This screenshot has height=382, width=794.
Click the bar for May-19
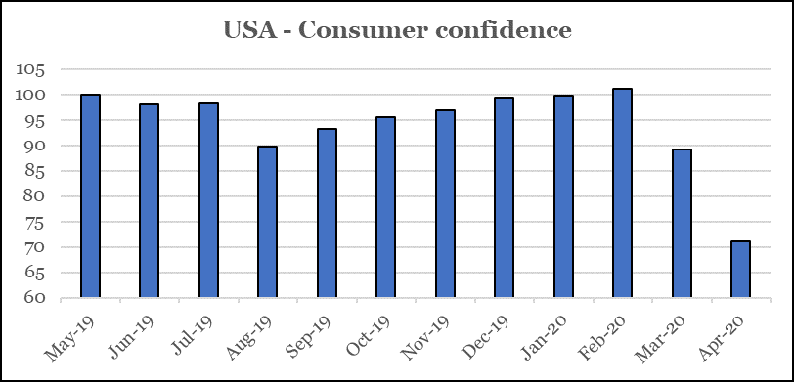pos(91,195)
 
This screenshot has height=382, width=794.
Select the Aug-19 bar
pos(267,222)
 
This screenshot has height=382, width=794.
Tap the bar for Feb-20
pos(622,192)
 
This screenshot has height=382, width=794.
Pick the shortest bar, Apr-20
pos(741,270)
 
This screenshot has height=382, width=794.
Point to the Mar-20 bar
pos(682,223)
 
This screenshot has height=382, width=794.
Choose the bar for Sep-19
pos(328,213)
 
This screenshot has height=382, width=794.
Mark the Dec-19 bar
pos(505,197)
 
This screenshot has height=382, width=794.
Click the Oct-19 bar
pos(386,207)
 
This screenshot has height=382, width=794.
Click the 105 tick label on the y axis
pos(30,69)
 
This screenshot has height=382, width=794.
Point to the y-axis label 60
pos(34,298)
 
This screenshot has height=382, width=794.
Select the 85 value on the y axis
pos(34,171)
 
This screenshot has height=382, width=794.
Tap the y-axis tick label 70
pos(34,247)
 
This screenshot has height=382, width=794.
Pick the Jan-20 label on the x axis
pos(548,336)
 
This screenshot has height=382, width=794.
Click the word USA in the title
pos(250,30)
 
